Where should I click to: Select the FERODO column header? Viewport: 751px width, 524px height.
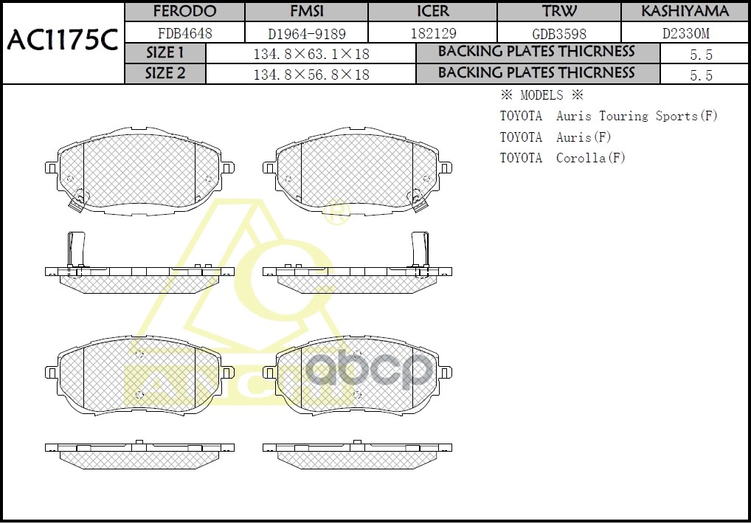point(184,11)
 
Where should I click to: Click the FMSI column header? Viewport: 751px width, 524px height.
point(306,11)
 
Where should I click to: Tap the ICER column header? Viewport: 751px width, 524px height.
point(432,11)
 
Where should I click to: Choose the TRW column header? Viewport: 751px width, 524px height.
point(559,11)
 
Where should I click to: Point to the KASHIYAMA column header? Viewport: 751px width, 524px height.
point(685,11)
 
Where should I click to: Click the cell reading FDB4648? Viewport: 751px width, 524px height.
point(184,33)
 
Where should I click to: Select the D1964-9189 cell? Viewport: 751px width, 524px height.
point(306,33)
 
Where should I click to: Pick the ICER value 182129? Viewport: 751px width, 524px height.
point(432,33)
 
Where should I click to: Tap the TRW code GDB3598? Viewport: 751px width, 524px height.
point(559,33)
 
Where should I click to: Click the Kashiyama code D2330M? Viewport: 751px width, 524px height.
point(685,33)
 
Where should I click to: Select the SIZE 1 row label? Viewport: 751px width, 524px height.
point(165,53)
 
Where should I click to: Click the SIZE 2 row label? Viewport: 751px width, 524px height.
point(165,73)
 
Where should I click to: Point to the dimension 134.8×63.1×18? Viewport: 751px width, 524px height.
point(311,55)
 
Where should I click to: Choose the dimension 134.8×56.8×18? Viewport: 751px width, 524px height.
point(311,75)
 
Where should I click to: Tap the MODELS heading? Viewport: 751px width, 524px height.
point(541,95)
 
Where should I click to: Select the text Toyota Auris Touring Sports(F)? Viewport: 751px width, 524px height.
point(609,116)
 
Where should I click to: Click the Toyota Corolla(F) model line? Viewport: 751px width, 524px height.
point(563,158)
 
